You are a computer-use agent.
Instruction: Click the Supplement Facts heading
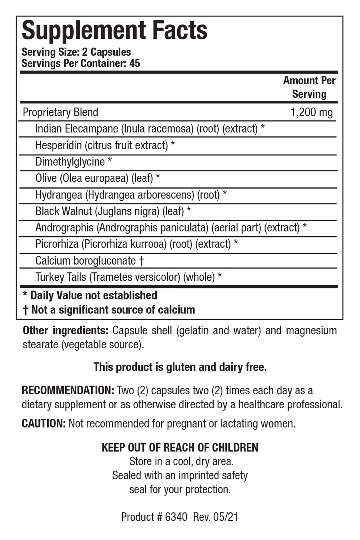tap(114, 31)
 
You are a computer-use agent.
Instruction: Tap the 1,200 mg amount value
tap(311, 112)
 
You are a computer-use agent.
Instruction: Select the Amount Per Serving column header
tap(309, 87)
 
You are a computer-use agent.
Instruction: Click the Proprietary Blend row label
tap(60, 112)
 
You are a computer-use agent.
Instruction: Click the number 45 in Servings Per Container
tap(135, 63)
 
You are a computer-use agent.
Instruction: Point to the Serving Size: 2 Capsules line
tap(76, 52)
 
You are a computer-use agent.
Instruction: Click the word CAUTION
tap(43, 423)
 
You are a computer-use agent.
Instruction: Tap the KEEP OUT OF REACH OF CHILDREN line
tap(180, 447)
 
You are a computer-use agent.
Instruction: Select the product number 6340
tap(176, 517)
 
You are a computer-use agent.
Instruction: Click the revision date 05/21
tap(226, 517)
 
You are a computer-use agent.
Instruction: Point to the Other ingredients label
tap(65, 331)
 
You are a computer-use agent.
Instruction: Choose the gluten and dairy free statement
tap(180, 367)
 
